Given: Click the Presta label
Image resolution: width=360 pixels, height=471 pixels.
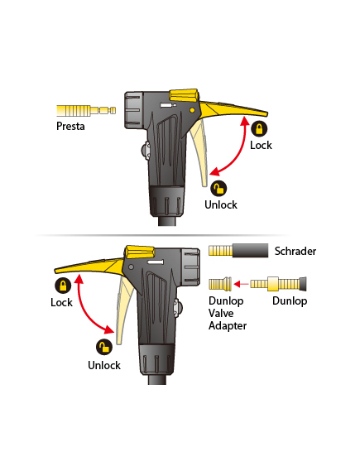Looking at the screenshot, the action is point(70,126).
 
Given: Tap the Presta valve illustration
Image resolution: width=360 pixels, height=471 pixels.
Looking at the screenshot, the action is point(86,111).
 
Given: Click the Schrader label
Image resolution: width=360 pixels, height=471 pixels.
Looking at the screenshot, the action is point(295,251).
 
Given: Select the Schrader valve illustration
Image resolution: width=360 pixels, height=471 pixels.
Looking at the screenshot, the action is point(238,250).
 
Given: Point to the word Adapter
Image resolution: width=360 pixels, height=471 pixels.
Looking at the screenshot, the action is point(228,326).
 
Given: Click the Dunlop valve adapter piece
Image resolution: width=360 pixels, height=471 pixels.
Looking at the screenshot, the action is point(220,284).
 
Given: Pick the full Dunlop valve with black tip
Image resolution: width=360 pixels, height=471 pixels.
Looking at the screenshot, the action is point(278,284).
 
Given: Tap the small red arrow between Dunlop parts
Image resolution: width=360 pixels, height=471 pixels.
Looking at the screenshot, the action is point(241,284).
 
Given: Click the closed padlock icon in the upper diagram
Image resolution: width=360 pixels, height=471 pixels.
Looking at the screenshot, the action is point(259,128).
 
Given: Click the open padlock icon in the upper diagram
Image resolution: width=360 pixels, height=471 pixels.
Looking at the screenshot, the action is point(218,189).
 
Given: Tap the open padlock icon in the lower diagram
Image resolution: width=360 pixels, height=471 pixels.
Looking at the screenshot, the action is point(104,347).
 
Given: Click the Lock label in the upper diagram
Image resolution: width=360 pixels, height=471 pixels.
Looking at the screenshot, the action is point(261,146).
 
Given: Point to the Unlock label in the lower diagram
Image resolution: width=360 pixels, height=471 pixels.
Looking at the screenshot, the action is point(104,365).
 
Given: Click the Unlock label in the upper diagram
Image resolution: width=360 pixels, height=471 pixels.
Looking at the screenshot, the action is point(221,204).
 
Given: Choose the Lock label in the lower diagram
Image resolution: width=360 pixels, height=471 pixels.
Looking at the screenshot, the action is point(61,302).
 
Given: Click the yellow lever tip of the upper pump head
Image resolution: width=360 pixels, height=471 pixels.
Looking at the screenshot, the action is point(266,114).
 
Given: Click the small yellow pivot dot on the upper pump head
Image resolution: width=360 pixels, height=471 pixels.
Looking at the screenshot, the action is point(192,111).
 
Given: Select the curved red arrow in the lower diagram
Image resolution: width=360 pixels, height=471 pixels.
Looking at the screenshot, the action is point(85,312).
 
